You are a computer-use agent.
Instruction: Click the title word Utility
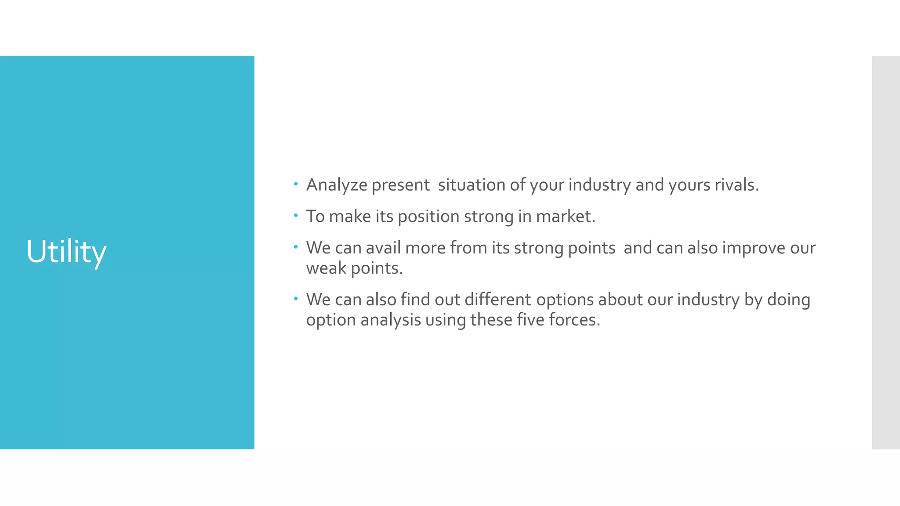[x=66, y=252]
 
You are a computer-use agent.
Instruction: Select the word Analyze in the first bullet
[x=336, y=185]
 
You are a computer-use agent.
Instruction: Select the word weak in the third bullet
[x=326, y=268]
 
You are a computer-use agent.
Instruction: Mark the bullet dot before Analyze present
[x=296, y=184]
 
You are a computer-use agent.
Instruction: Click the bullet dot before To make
[x=296, y=215]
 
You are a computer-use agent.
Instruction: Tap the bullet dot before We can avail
[x=296, y=247]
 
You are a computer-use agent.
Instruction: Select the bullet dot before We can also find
[x=296, y=299]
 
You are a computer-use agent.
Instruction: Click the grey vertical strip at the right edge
[x=885, y=252]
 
